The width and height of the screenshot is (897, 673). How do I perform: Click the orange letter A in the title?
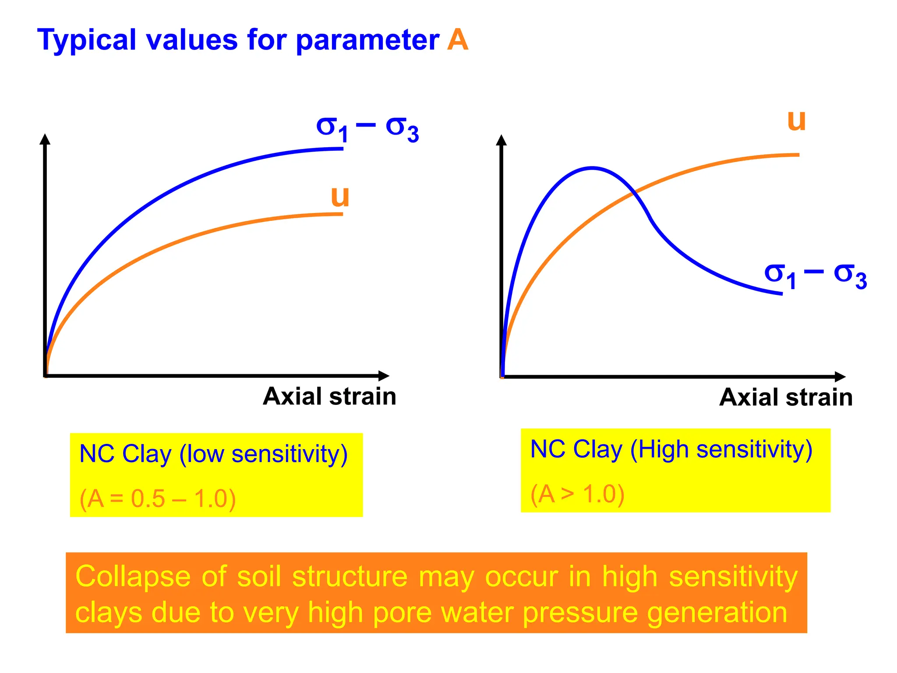click(457, 40)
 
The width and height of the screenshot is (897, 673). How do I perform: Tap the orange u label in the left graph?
click(340, 197)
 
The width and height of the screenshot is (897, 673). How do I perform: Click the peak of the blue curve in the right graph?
click(592, 167)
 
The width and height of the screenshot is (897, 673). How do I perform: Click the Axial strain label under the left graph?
click(329, 397)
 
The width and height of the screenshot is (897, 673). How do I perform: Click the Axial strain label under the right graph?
click(786, 397)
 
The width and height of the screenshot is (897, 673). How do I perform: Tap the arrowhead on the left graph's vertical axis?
click(45, 139)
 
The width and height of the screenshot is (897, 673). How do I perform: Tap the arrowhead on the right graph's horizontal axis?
click(840, 376)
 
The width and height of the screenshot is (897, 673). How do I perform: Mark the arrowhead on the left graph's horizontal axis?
click(384, 375)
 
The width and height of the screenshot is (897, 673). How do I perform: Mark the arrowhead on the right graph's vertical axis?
click(501, 140)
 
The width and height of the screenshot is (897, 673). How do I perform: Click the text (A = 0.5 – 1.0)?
click(158, 499)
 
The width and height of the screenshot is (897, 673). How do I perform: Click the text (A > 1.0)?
click(577, 494)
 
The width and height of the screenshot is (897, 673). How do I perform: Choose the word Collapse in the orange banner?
click(133, 577)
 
